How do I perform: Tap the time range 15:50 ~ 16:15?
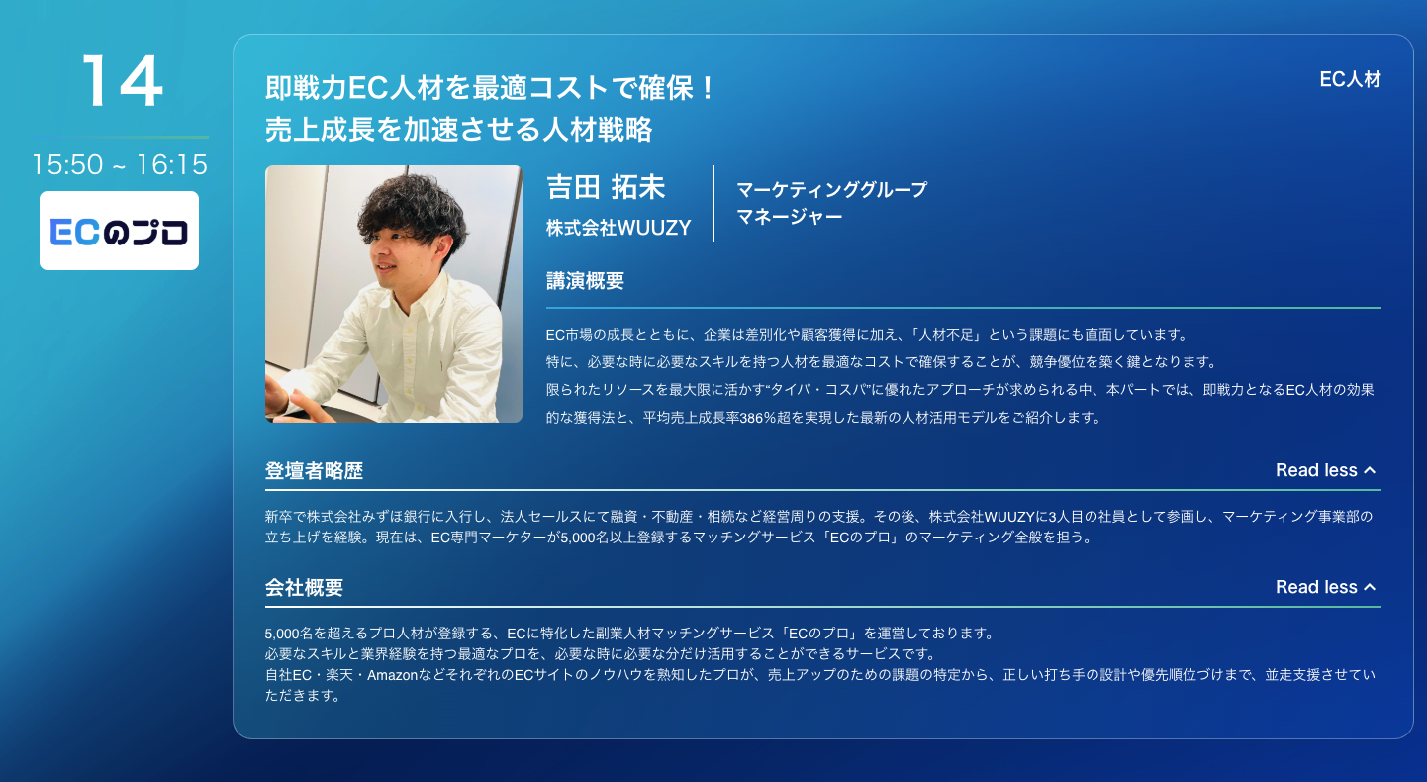[x=120, y=164]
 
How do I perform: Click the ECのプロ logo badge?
[x=119, y=231]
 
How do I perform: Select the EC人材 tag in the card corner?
[x=1350, y=79]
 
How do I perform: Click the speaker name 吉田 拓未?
[x=606, y=187]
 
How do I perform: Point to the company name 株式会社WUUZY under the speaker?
[x=618, y=228]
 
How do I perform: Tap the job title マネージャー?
[x=790, y=217]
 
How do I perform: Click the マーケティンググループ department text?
[x=832, y=189]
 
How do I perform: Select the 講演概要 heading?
[x=586, y=281]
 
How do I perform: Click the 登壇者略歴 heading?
[x=314, y=471]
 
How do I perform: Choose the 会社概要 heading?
[x=305, y=588]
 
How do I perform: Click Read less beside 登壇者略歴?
[x=1326, y=470]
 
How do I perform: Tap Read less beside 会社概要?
[x=1326, y=587]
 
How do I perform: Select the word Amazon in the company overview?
[x=393, y=675]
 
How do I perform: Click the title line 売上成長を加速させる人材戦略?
[x=459, y=130]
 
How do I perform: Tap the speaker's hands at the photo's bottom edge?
[x=300, y=403]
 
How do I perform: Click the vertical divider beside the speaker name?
[x=714, y=203]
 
